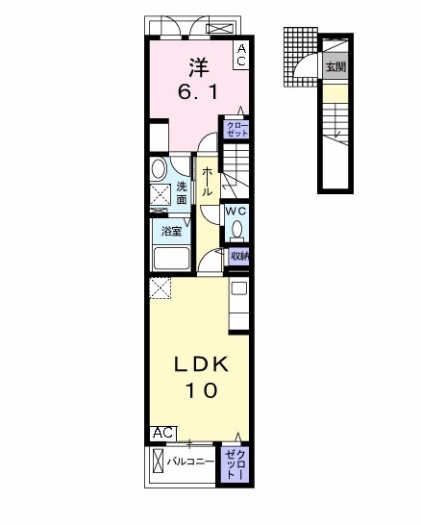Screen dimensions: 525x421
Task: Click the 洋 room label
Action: point(198,68)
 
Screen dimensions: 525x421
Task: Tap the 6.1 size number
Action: point(198,92)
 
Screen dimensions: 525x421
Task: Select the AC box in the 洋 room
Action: point(241,55)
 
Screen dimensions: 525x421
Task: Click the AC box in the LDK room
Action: point(161,434)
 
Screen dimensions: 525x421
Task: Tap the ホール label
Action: point(208,181)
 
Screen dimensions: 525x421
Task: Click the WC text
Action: point(236,211)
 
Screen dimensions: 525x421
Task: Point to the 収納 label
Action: point(239,256)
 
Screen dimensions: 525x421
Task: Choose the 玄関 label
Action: point(334,67)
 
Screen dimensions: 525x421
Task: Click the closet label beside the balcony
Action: point(235,463)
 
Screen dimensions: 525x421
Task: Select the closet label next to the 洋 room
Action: point(236,129)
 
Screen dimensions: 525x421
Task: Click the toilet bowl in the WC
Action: point(235,231)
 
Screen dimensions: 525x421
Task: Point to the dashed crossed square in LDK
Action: point(160,287)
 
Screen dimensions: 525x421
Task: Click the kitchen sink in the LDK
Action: point(238,288)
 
